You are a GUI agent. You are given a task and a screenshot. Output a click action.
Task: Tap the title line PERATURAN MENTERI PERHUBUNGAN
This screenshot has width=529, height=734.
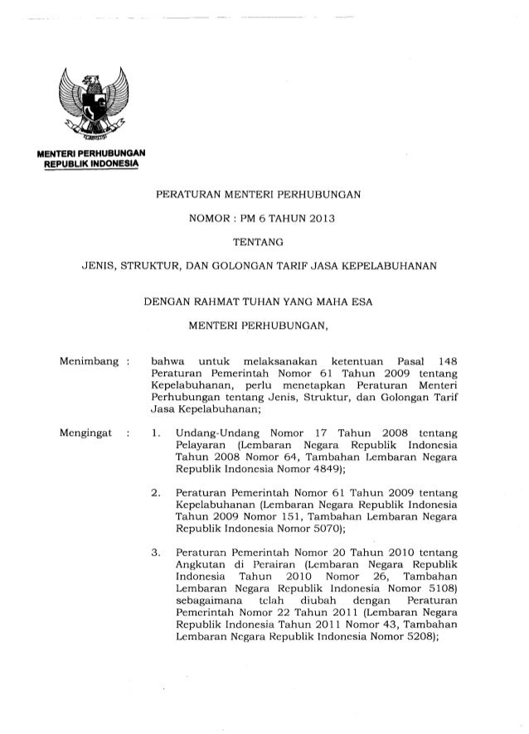[258, 198]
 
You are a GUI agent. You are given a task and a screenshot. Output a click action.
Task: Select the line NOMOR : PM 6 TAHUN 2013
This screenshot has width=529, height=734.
[257, 220]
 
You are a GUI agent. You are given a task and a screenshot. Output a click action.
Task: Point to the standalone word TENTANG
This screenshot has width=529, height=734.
[257, 243]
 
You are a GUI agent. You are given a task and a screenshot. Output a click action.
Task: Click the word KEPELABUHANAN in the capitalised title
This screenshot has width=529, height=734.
[396, 266]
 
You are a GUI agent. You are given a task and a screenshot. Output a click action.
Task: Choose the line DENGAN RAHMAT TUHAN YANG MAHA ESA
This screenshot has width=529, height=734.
[258, 302]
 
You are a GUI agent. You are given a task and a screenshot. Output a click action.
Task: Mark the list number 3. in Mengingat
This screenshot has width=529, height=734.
[157, 553]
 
